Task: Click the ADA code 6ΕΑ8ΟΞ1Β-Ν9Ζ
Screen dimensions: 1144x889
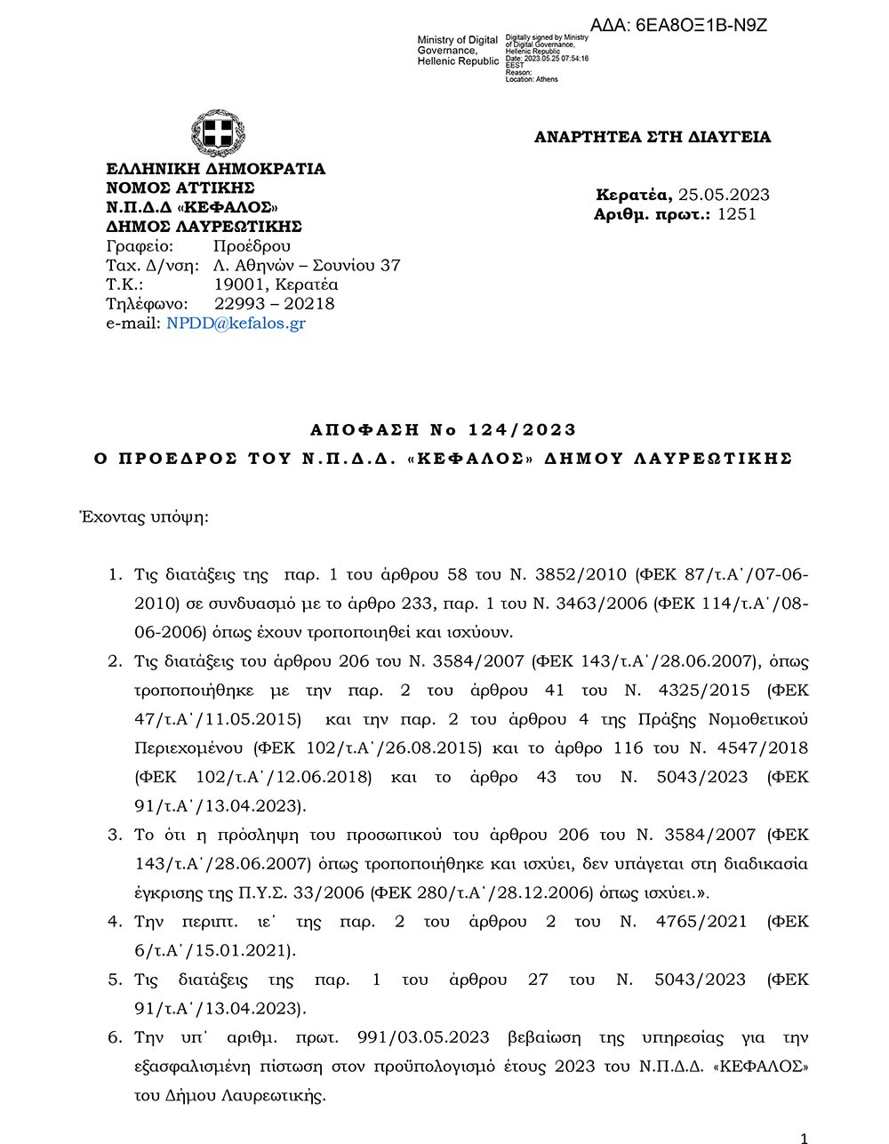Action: (x=678, y=25)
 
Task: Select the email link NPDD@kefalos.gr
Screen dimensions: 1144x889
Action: (x=236, y=324)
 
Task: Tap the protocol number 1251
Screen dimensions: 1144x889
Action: (x=736, y=214)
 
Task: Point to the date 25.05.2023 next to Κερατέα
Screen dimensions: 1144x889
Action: (x=724, y=195)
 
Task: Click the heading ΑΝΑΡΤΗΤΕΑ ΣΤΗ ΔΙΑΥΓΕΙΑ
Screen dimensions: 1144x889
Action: (x=652, y=137)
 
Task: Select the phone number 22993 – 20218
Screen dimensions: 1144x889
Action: (x=274, y=304)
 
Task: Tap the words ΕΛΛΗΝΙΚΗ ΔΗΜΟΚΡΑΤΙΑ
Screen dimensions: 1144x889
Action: (x=216, y=169)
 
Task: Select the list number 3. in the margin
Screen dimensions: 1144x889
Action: (x=115, y=835)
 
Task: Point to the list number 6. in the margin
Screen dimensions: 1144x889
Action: (x=115, y=1037)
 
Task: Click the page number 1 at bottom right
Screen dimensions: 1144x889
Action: (x=804, y=1138)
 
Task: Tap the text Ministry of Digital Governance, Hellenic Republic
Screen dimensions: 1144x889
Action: (x=458, y=51)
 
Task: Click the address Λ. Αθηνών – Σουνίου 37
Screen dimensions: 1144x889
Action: (x=307, y=265)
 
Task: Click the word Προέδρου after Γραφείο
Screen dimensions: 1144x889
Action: (x=252, y=246)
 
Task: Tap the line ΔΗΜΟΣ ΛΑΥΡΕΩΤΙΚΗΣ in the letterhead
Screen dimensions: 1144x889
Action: (x=204, y=227)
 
